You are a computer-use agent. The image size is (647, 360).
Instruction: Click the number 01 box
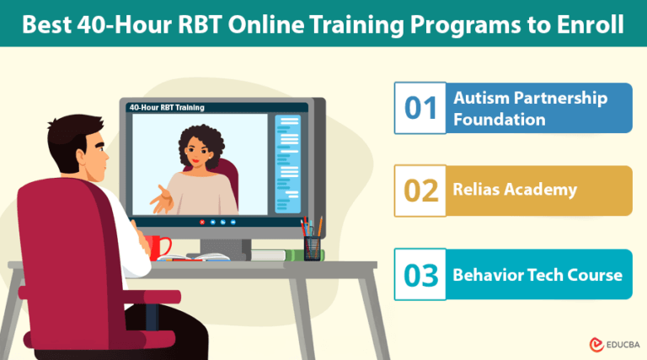point(420,108)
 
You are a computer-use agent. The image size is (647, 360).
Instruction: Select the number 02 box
point(420,191)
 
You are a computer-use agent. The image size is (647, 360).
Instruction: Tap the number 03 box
point(420,274)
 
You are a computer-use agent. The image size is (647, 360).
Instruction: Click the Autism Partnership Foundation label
point(530,109)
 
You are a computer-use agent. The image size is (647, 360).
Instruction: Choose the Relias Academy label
point(515,190)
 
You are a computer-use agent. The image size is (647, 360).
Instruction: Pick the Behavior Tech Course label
point(537,275)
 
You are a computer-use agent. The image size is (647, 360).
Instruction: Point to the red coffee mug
point(158,246)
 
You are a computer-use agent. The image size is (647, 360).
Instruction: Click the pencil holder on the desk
point(313,245)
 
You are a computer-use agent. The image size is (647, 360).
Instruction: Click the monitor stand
point(223,245)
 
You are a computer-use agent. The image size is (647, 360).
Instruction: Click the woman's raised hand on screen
point(160,201)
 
